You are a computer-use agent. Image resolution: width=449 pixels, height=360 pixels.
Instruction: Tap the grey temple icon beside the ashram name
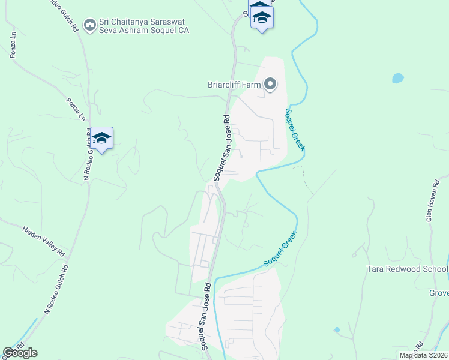coord(90,25)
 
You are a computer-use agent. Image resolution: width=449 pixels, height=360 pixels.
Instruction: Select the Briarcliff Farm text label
coord(234,85)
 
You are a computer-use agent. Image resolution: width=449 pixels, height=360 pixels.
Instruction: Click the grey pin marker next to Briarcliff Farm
coord(270,85)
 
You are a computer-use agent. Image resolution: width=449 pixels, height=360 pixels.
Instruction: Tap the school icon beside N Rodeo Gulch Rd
coord(102,139)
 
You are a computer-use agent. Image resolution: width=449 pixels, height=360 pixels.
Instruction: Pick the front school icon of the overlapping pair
coord(262,18)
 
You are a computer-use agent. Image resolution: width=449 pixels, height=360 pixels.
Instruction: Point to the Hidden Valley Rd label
coord(44,241)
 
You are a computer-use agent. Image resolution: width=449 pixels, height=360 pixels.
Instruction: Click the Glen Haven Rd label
coord(430,202)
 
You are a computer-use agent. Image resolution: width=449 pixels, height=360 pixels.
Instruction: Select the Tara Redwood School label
coord(407,269)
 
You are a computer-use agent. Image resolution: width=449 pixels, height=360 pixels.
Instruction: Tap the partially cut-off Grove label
coord(439,293)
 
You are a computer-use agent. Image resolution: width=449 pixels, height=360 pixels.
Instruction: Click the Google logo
coord(20,353)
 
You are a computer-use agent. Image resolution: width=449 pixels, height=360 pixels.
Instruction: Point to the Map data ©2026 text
coord(423,355)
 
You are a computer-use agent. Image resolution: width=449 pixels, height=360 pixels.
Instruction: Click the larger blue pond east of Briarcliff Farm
coord(397,78)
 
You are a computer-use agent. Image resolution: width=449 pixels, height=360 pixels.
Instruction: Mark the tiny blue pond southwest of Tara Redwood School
coord(337,329)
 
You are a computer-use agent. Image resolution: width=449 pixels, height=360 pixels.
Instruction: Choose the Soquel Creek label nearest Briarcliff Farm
coord(295,130)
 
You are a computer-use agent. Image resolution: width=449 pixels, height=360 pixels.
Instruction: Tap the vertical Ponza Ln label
coord(13,45)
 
